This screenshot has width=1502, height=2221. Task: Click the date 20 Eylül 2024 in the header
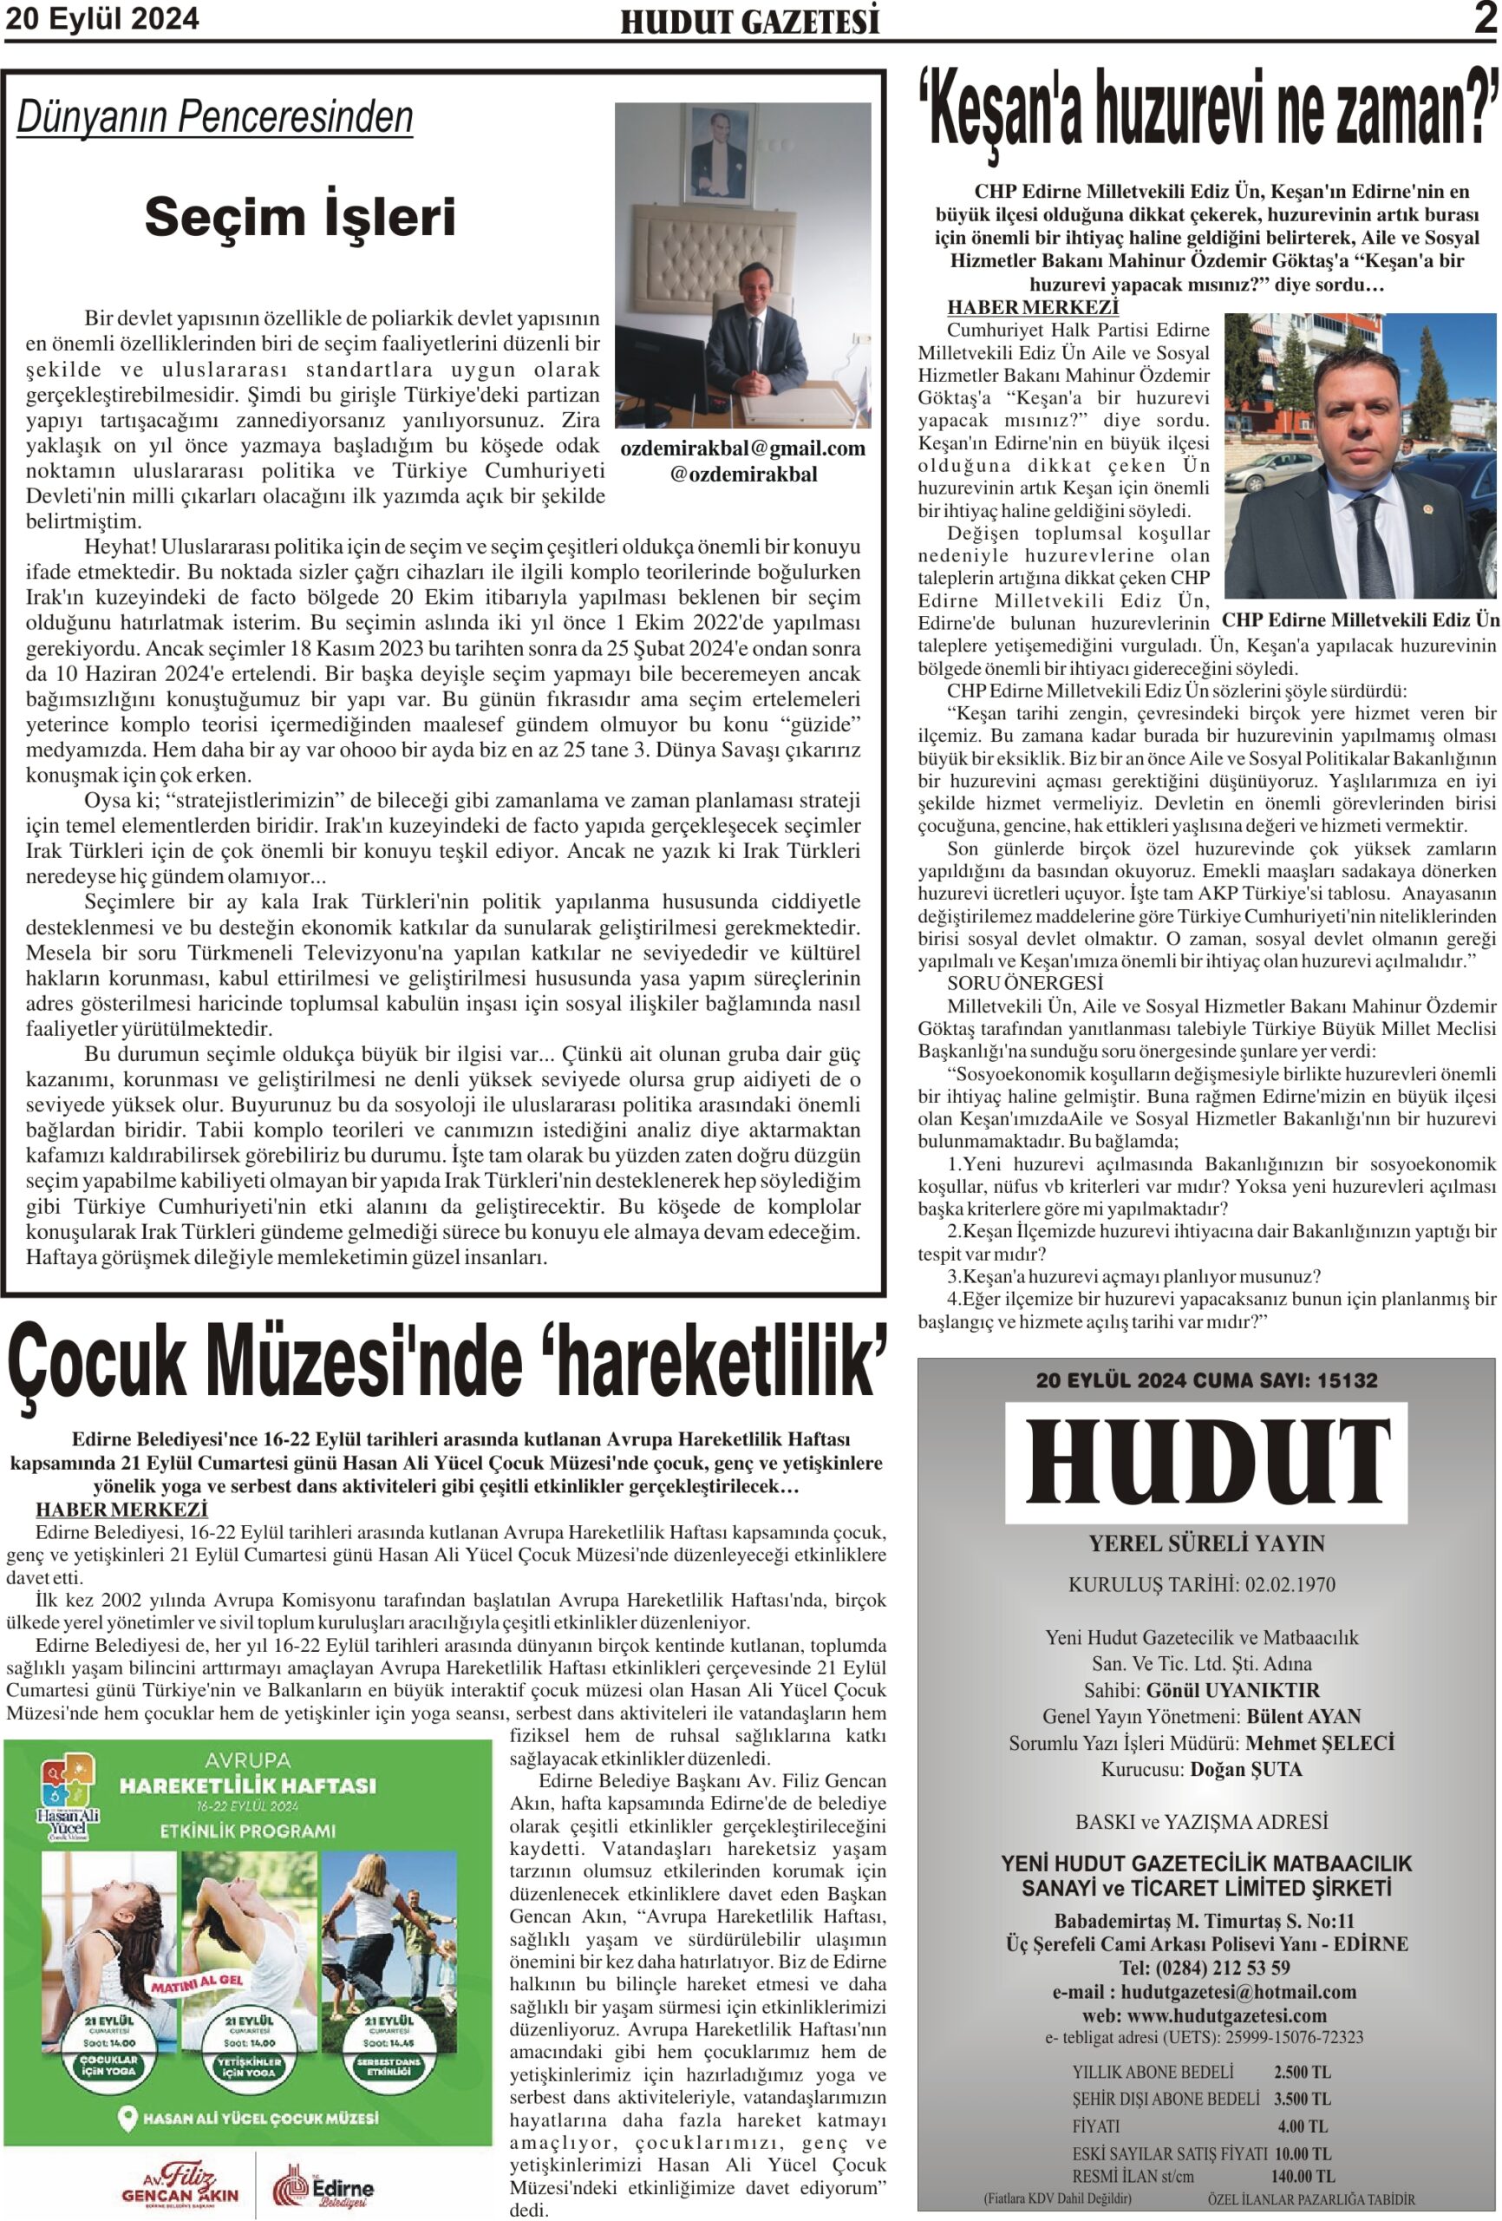[x=102, y=18]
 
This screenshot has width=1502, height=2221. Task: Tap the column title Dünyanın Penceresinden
[x=215, y=117]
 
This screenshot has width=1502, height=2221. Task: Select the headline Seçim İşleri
[x=300, y=217]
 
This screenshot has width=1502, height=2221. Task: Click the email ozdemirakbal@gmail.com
[x=742, y=449]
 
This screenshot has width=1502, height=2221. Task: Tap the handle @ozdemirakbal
[x=742, y=474]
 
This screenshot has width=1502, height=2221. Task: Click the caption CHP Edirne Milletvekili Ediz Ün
[x=1361, y=620]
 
